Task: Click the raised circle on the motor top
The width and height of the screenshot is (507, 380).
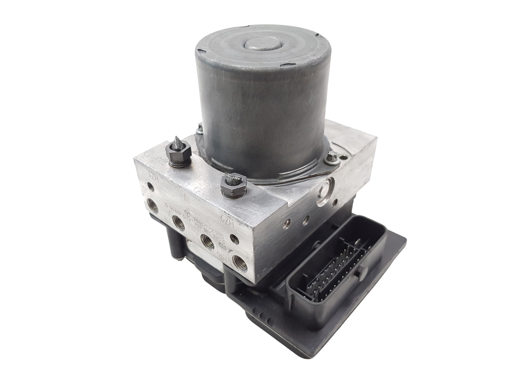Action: pos(259,43)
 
